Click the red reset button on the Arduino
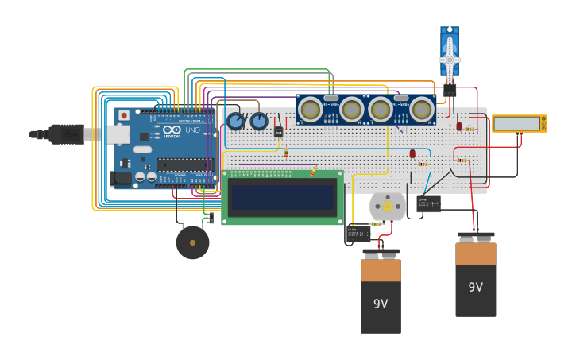(123, 115)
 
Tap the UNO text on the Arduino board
(193, 130)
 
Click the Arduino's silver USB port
(118, 134)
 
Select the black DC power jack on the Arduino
(121, 180)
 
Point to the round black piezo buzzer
(192, 242)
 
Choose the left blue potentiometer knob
(235, 122)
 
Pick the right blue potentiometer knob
(259, 122)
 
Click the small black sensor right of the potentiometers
(279, 131)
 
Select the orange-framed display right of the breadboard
(519, 123)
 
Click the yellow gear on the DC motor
(388, 207)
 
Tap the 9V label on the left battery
(381, 304)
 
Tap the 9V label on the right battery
(475, 287)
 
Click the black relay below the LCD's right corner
(358, 233)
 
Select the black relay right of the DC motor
(428, 203)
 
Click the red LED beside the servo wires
(459, 126)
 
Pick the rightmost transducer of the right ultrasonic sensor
(421, 109)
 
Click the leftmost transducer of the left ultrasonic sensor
(310, 109)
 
